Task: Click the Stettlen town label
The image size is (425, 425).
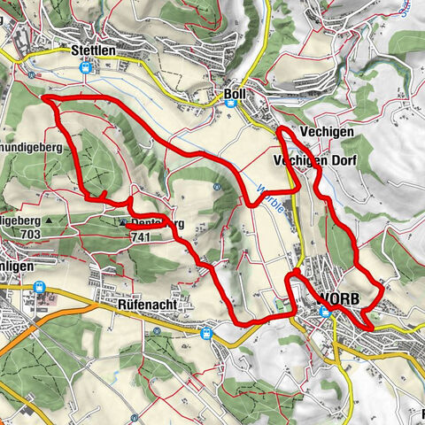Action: click(94, 51)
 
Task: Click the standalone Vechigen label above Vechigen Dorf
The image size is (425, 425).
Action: click(327, 131)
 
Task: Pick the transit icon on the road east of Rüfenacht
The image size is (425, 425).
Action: click(207, 334)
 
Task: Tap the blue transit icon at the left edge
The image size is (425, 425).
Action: click(40, 287)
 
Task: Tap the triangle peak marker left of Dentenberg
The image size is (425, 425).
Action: click(122, 223)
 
